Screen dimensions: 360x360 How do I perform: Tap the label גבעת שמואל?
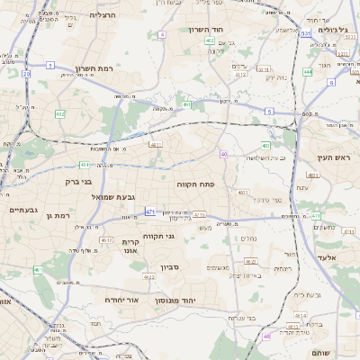click(113, 196)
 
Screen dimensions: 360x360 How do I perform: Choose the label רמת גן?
click(57, 215)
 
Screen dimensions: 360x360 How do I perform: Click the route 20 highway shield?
click(26, 74)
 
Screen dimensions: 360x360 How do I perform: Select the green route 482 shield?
click(59, 113)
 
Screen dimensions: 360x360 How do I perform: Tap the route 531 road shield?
click(306, 33)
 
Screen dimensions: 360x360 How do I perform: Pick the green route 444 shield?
click(308, 71)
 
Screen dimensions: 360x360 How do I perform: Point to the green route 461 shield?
click(38, 269)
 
